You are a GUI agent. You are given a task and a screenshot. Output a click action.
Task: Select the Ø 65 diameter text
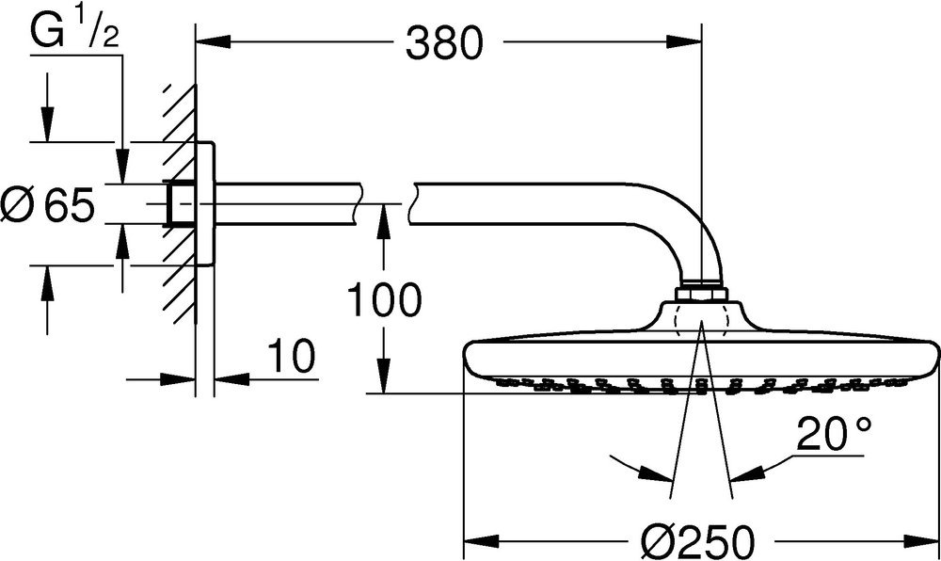48,204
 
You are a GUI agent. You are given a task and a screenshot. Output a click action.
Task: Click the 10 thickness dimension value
291,356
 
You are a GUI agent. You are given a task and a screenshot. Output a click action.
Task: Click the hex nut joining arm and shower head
701,293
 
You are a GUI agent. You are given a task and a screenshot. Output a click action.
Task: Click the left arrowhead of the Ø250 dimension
482,541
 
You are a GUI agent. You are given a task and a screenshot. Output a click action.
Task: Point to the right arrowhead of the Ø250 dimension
922,541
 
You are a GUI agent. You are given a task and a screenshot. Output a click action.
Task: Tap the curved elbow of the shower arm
690,225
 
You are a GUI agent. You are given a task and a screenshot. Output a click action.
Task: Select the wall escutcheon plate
204,203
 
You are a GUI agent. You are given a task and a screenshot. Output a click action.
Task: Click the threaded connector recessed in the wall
181,204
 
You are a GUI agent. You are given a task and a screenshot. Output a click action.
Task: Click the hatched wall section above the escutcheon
180,114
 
